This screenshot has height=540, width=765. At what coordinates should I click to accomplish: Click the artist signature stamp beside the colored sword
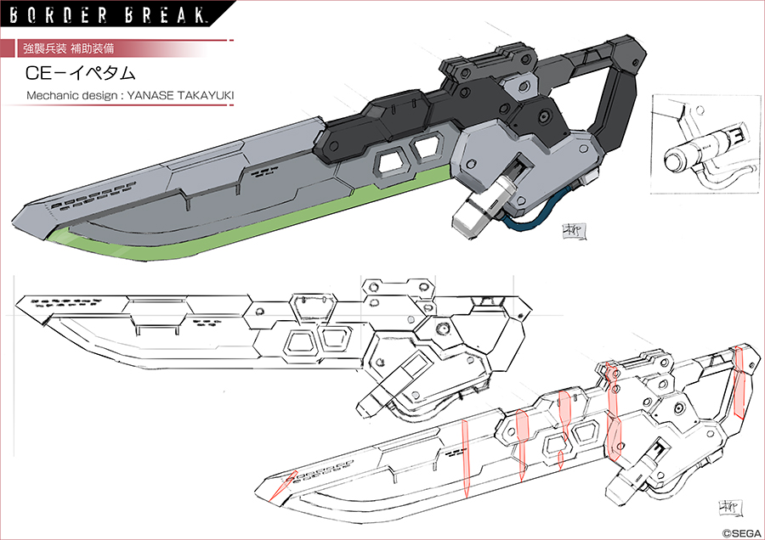(x=570, y=232)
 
